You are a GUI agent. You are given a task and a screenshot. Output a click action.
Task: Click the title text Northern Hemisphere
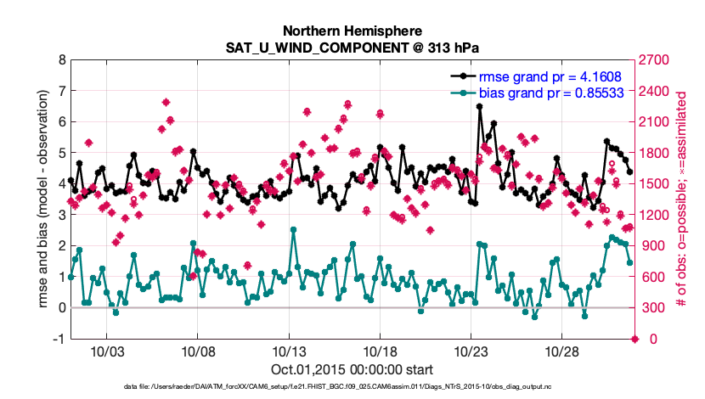(352, 29)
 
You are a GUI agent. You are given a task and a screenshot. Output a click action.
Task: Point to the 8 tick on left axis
(61, 60)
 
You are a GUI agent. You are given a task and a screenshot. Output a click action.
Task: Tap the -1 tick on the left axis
(59, 339)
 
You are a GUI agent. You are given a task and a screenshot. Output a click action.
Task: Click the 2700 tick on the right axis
(655, 60)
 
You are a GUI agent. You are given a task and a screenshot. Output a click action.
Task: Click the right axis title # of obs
(680, 199)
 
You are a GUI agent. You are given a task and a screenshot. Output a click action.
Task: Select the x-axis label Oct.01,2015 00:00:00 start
(352, 369)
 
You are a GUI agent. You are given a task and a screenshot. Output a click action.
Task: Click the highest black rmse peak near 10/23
(480, 107)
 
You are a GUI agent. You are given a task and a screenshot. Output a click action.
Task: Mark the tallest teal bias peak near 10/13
(293, 229)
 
